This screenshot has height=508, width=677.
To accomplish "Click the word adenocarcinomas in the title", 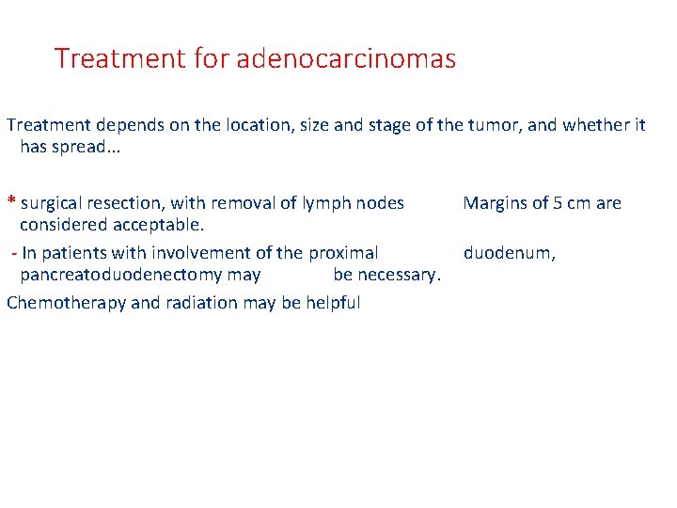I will point(346,59).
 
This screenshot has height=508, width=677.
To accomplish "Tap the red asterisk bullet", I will point(10,202).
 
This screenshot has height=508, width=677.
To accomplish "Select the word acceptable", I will point(157,226).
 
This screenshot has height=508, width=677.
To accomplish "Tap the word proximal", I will point(343,253).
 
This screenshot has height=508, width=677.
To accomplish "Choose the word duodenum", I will point(509,253).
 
